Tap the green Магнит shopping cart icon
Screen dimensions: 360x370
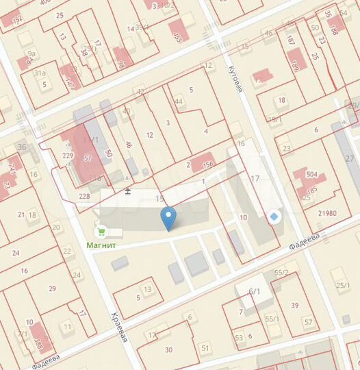tap(102, 232)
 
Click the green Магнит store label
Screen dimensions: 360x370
tap(101, 245)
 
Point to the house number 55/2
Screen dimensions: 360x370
tap(281, 273)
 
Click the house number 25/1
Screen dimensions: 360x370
tap(342, 286)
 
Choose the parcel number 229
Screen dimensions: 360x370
tap(67, 156)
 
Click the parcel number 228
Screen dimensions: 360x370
tap(84, 197)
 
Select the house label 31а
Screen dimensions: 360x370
tap(40, 73)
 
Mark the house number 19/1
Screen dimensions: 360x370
tap(274, 119)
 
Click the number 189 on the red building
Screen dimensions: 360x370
tap(294, 65)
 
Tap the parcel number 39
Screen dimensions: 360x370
tap(294, 305)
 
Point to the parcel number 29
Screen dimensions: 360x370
tap(52, 288)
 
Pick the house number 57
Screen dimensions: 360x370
tap(309, 322)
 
